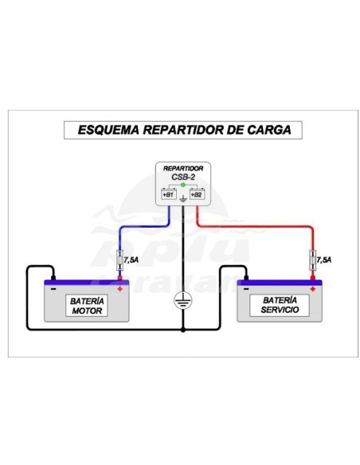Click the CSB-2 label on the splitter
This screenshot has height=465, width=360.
184,178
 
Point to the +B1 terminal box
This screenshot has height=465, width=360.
168,193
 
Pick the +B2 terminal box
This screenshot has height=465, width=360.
198,193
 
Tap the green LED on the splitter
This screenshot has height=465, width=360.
183,186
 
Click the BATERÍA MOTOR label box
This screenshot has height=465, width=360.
86,305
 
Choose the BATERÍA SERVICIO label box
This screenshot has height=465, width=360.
279,305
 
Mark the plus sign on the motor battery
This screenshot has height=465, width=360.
119,289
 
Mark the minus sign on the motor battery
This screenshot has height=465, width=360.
53,289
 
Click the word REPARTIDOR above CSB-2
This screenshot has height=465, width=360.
184,170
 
